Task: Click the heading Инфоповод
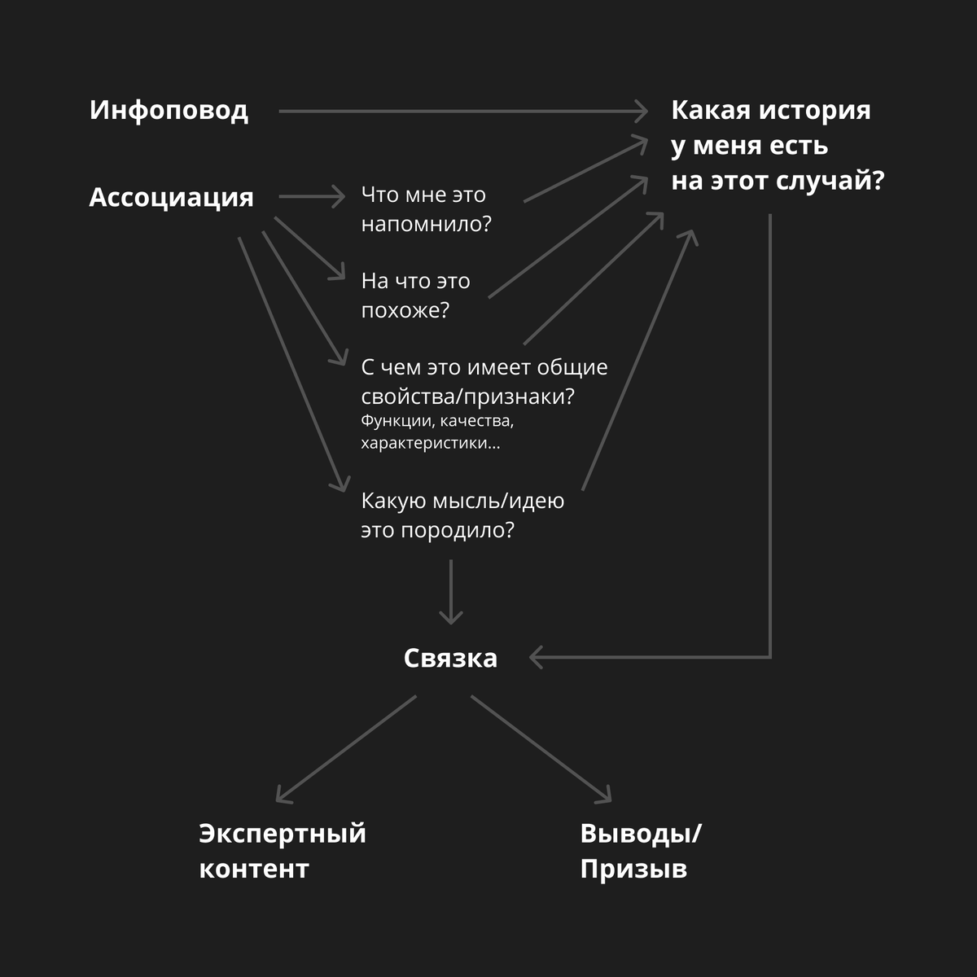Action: click(169, 111)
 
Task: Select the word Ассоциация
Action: click(171, 197)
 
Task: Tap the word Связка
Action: click(450, 658)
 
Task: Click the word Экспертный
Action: click(283, 834)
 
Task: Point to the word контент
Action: click(254, 869)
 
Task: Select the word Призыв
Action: click(633, 869)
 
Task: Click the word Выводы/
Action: click(641, 834)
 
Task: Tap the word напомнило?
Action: click(427, 224)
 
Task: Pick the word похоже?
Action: click(405, 310)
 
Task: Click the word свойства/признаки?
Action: click(468, 396)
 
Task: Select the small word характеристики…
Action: click(431, 443)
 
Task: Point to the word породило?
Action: click(458, 530)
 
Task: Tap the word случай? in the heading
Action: click(830, 181)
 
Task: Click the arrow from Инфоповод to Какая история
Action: click(463, 111)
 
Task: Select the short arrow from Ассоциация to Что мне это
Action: click(312, 196)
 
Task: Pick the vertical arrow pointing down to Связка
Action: click(451, 592)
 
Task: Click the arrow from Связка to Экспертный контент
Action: click(346, 749)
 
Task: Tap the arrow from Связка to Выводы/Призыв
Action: click(541, 749)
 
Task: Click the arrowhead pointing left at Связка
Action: click(536, 658)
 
